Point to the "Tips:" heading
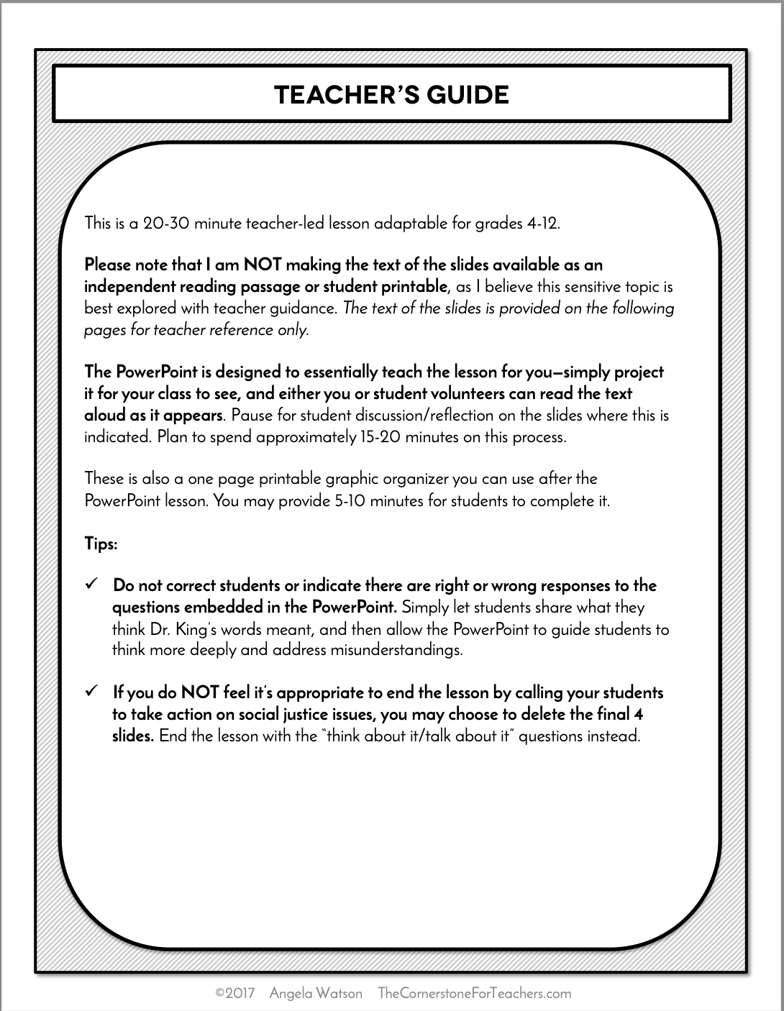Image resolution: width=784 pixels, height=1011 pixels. coord(101,544)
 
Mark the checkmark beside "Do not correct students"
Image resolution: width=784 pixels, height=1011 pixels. coord(91,585)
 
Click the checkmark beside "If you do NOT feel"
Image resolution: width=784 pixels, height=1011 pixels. coord(91,692)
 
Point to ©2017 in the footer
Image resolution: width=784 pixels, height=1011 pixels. coord(235,994)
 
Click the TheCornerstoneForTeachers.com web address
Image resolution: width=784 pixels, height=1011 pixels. coord(474,994)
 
